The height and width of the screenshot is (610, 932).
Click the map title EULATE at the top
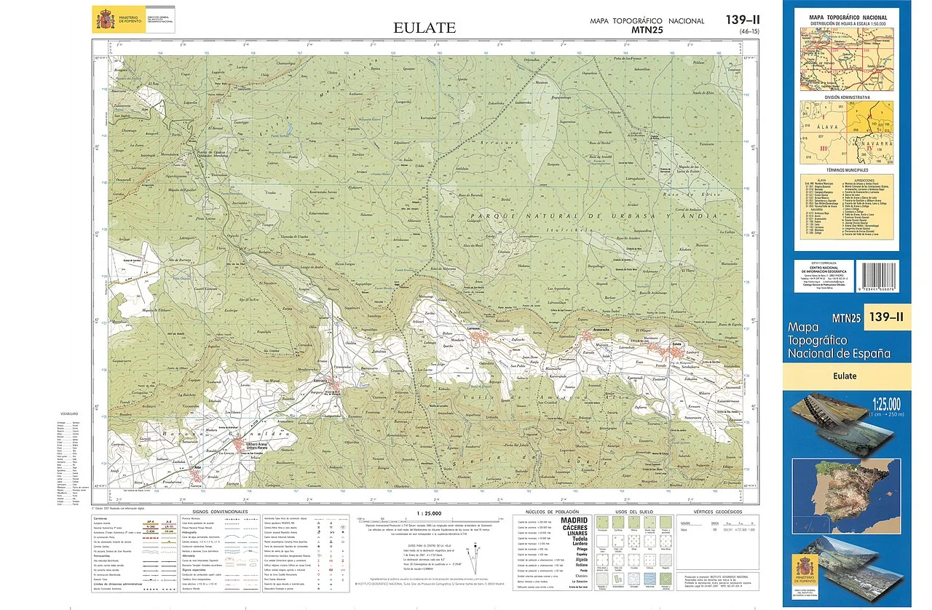424,28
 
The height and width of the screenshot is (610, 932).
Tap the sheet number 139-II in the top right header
743,20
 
